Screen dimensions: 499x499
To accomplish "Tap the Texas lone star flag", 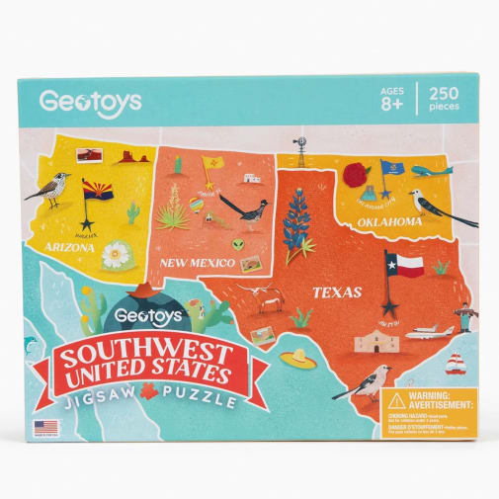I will click(404, 265).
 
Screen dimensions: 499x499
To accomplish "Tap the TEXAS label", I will click(337, 292).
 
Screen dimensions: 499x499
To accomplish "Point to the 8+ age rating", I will click(391, 105).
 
